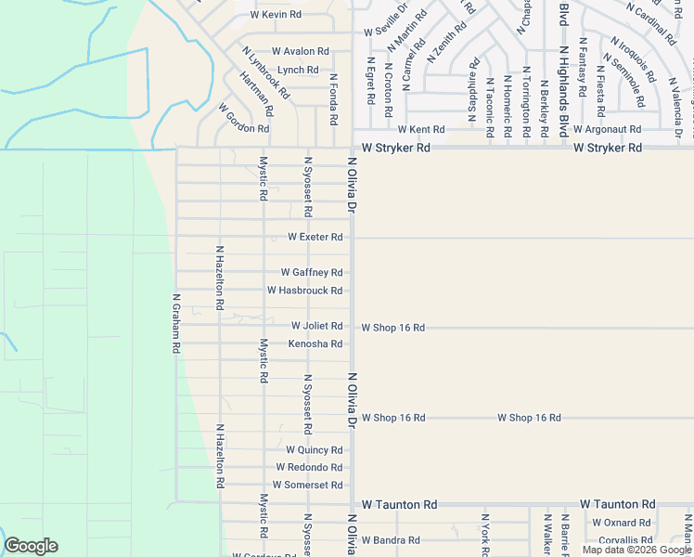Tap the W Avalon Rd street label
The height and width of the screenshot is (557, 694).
click(x=300, y=52)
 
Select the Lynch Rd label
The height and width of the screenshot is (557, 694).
click(x=298, y=71)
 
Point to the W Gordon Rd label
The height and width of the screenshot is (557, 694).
click(x=244, y=119)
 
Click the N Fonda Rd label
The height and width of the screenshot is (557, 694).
click(x=333, y=100)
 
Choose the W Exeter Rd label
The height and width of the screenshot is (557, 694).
click(x=315, y=238)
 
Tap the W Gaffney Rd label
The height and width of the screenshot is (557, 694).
click(x=312, y=273)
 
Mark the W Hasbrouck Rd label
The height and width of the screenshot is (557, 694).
click(x=305, y=291)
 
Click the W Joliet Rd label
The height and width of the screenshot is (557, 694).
click(x=316, y=327)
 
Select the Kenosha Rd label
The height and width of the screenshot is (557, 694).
click(x=315, y=344)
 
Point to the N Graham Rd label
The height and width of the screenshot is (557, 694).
click(x=175, y=324)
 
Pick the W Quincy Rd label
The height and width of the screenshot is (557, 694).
click(x=314, y=450)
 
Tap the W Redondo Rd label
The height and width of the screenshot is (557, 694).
click(x=309, y=468)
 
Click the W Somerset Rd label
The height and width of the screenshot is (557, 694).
click(x=307, y=486)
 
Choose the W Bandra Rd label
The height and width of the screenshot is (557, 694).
click(x=391, y=540)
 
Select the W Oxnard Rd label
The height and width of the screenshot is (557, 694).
click(x=622, y=524)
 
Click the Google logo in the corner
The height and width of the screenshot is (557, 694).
click(x=31, y=546)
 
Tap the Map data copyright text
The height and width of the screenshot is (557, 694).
click(x=636, y=550)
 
